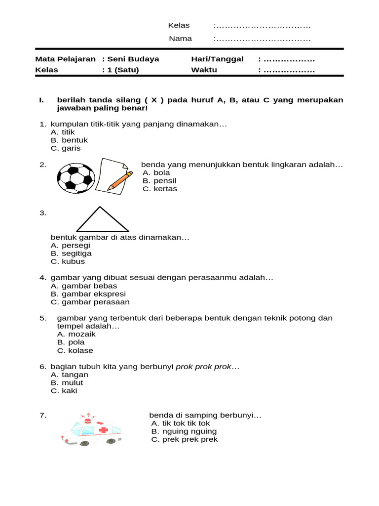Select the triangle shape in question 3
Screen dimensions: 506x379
tap(102, 220)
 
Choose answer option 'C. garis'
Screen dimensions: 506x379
tap(65, 148)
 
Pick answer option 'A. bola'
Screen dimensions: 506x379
tap(156, 172)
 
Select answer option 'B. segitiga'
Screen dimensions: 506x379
tap(71, 253)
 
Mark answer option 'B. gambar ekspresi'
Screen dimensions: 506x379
tap(88, 294)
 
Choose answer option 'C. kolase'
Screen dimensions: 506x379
tap(75, 351)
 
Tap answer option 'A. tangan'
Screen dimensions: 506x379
tap(69, 375)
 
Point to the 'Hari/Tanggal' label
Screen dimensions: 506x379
tap(217, 59)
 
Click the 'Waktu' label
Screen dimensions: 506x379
tap(204, 70)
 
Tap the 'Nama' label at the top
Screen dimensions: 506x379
tap(180, 39)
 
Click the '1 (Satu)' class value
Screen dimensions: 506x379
tap(123, 70)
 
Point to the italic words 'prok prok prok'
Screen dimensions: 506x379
tap(203, 367)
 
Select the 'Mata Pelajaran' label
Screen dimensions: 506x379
tap(65, 59)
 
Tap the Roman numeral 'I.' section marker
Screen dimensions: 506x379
tap(42, 100)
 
